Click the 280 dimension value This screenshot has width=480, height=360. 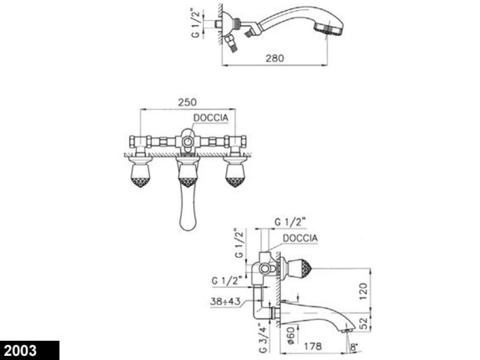(275, 58)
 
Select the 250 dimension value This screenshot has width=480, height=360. (187, 102)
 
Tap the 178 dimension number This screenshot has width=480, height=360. (313, 346)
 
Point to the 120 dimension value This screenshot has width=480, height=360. (363, 291)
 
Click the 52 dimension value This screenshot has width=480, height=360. (363, 323)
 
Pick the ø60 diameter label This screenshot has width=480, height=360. (291, 335)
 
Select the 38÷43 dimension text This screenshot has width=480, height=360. (226, 301)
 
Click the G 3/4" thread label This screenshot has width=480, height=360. (264, 340)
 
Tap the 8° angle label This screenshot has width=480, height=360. (353, 347)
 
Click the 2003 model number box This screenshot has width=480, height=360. (29, 350)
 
